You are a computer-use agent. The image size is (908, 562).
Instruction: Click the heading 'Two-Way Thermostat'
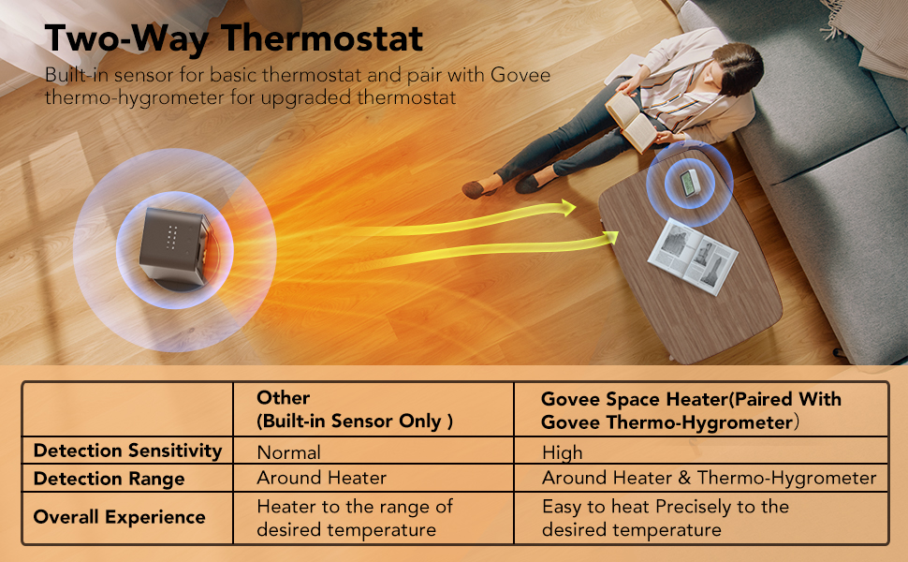pos(234,38)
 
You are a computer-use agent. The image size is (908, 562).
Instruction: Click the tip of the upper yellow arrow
pos(573,208)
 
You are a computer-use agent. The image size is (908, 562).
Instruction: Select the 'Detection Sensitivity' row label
pos(127,451)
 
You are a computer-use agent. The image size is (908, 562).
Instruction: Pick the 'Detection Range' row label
pos(109,479)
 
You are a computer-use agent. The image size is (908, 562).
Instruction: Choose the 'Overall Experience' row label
pos(119,517)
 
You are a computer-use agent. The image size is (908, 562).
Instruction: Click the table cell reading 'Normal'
pos(288,452)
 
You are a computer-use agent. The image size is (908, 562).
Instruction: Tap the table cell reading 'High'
pos(562,452)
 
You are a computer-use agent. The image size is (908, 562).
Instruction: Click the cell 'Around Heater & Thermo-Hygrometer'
pos(709,479)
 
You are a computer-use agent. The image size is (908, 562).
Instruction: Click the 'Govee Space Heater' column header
pos(691,409)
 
